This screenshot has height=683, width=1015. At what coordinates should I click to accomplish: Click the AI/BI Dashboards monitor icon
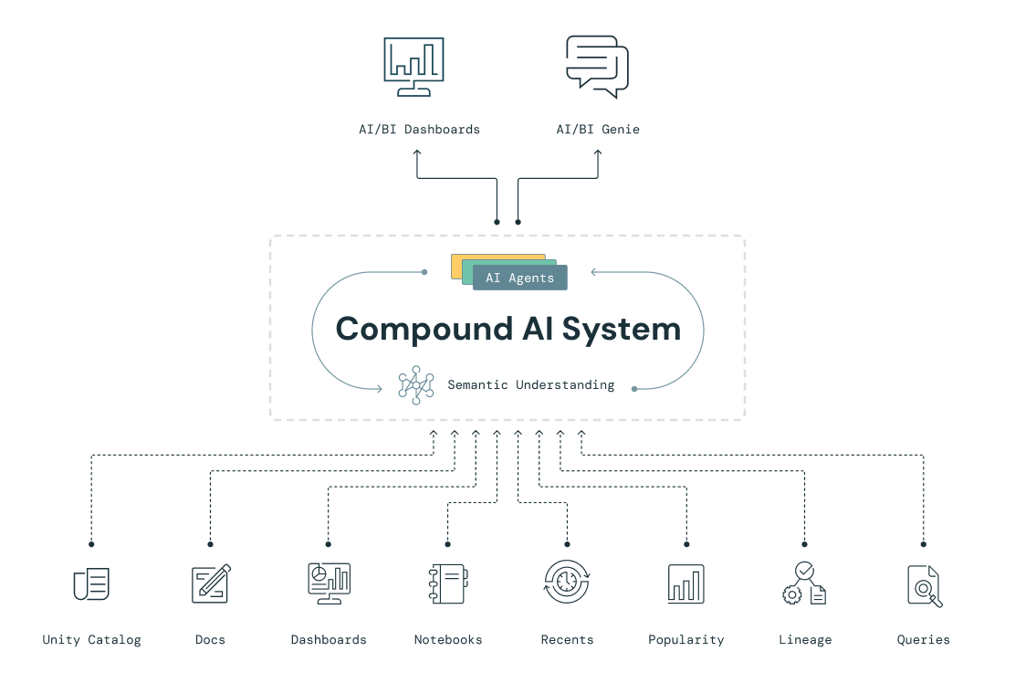tap(414, 67)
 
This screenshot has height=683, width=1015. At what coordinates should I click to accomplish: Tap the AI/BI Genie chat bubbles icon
tap(597, 66)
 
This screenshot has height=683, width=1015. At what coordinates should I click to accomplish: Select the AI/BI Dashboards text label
tap(419, 130)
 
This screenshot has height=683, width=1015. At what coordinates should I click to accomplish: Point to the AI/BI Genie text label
tap(598, 130)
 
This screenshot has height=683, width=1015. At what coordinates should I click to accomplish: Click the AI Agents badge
tap(519, 278)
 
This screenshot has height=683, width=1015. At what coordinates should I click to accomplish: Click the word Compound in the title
tap(424, 329)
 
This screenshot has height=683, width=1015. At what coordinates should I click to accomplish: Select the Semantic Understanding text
tap(530, 385)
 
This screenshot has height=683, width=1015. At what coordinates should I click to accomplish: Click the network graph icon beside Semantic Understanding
tap(416, 385)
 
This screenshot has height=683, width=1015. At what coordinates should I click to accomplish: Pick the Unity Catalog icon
tap(91, 584)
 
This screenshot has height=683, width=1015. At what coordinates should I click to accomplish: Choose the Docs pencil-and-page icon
tap(211, 583)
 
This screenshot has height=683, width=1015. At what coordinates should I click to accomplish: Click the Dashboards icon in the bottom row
tap(329, 583)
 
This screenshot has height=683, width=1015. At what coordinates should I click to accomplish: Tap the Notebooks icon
tap(448, 583)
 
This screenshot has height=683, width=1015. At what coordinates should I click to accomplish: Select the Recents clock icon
tap(567, 583)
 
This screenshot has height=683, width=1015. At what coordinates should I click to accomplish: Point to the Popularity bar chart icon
tap(685, 583)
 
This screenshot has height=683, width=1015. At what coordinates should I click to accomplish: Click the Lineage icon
tap(804, 583)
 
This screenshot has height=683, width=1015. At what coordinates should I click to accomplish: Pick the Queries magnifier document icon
tap(924, 585)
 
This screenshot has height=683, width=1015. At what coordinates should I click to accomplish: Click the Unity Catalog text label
tap(91, 640)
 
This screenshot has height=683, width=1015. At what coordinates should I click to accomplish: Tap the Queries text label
tap(923, 640)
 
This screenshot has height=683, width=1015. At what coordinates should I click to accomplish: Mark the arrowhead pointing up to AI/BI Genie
tap(598, 152)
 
